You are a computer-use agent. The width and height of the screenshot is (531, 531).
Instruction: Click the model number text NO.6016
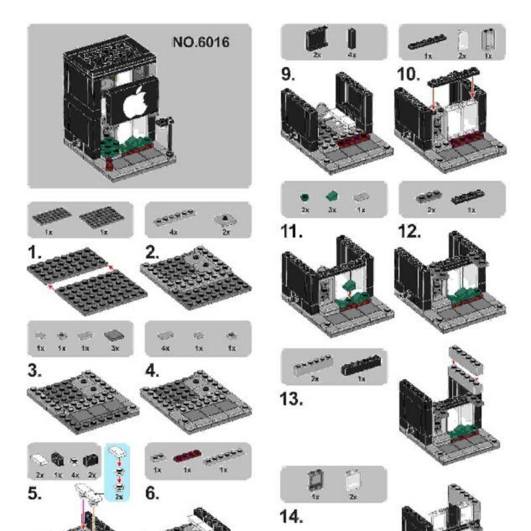point(200,42)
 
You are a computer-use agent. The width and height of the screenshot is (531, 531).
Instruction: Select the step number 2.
point(152,252)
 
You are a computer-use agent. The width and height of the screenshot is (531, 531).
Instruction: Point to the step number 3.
point(35,371)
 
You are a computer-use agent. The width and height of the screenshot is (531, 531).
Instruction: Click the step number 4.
point(153,371)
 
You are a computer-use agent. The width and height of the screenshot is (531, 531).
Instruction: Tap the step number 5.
point(35,494)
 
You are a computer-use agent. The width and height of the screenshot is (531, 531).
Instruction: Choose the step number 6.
point(153,494)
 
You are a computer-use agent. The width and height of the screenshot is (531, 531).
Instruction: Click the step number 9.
point(287,74)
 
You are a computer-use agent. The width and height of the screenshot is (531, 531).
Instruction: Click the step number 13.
point(291,400)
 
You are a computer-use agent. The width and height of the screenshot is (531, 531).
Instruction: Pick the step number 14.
point(291,516)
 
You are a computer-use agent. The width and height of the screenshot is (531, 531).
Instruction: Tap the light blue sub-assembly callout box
point(118,471)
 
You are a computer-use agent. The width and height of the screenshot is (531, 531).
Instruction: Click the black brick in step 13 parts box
point(361,366)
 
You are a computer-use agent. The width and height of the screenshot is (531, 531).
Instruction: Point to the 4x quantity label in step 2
point(173,232)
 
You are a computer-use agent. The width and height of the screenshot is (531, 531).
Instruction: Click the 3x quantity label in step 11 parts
point(332,209)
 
